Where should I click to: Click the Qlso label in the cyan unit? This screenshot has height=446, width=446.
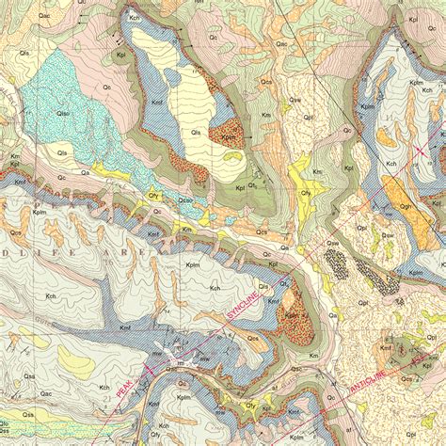(65, 115)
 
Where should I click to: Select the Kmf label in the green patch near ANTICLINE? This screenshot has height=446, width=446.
(386, 347)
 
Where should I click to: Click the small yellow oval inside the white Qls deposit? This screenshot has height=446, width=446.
(169, 72)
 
